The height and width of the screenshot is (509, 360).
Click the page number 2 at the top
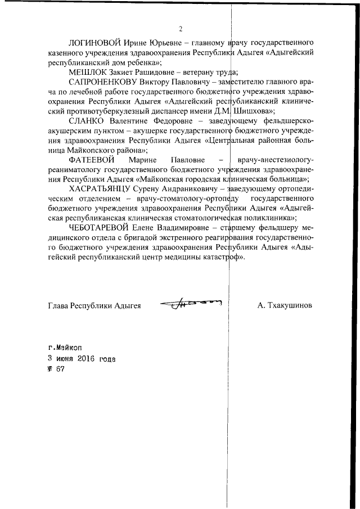[x=180, y=29]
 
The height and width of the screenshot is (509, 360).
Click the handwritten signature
[x=191, y=304]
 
